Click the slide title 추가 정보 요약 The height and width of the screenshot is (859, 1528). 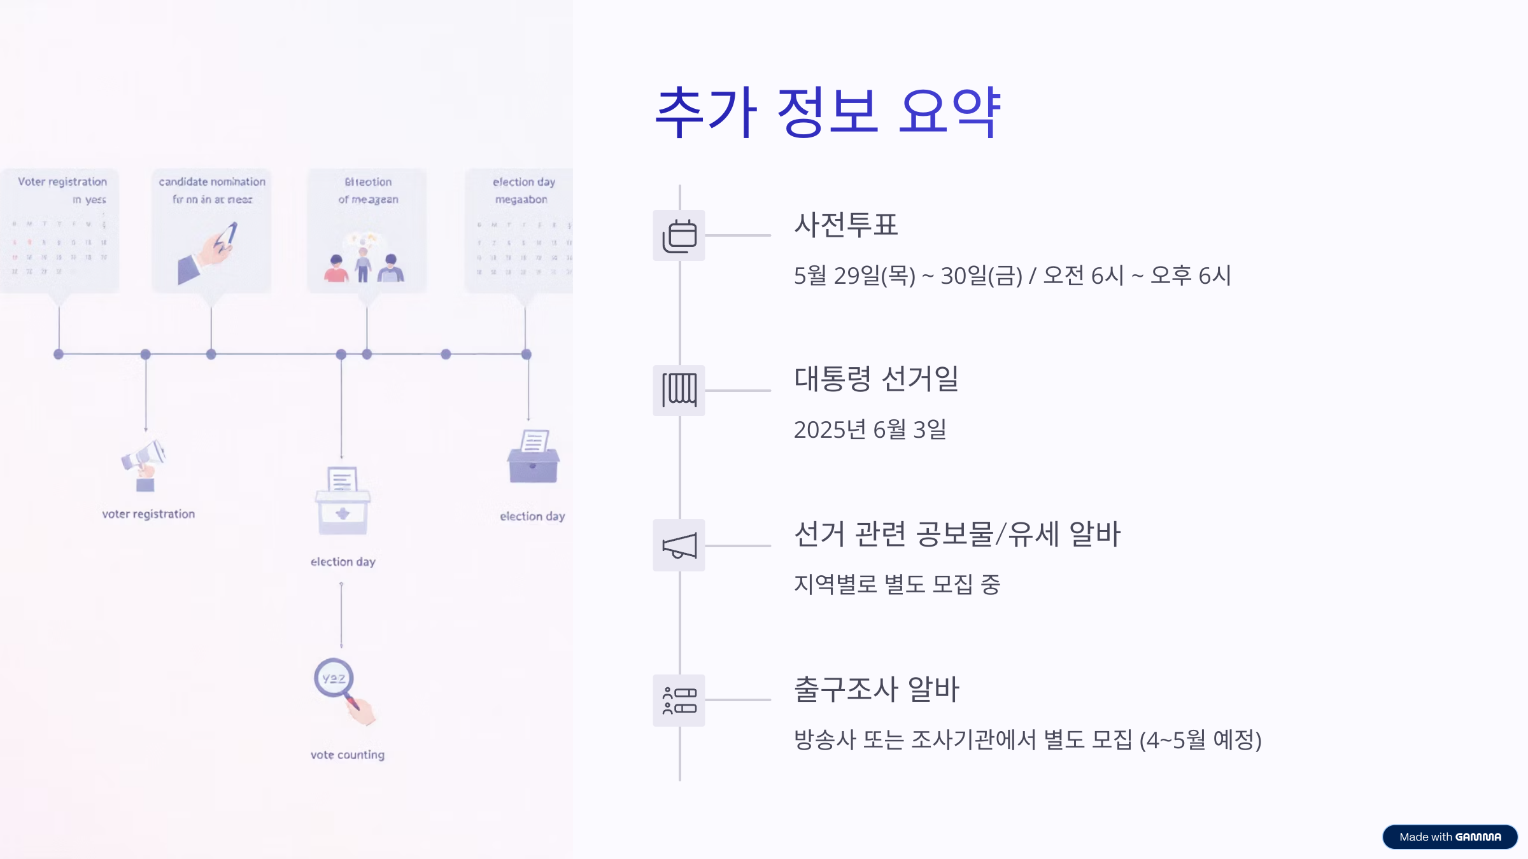pyautogui.click(x=828, y=113)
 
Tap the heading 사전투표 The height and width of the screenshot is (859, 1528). pyautogui.click(x=845, y=225)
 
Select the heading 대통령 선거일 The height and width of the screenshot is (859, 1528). pyautogui.click(x=876, y=379)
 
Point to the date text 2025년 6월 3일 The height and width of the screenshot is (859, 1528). pyautogui.click(x=870, y=430)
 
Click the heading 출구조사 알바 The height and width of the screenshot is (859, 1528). pyautogui.click(x=876, y=689)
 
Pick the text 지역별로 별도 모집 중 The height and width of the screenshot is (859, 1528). pyautogui.click(x=896, y=584)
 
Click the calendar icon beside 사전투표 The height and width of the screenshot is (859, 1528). pyautogui.click(x=679, y=235)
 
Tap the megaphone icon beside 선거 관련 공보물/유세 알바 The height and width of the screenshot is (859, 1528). pyautogui.click(x=679, y=545)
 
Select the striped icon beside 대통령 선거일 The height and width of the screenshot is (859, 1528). pyautogui.click(x=679, y=390)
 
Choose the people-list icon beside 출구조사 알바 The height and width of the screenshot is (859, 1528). pyautogui.click(x=679, y=700)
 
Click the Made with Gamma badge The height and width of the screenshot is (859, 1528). pyautogui.click(x=1450, y=837)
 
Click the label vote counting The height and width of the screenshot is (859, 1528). pyautogui.click(x=348, y=755)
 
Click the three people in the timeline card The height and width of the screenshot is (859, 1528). pyautogui.click(x=364, y=265)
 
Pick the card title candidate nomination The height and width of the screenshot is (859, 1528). pyautogui.click(x=212, y=182)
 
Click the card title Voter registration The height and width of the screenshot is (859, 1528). pyautogui.click(x=62, y=182)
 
